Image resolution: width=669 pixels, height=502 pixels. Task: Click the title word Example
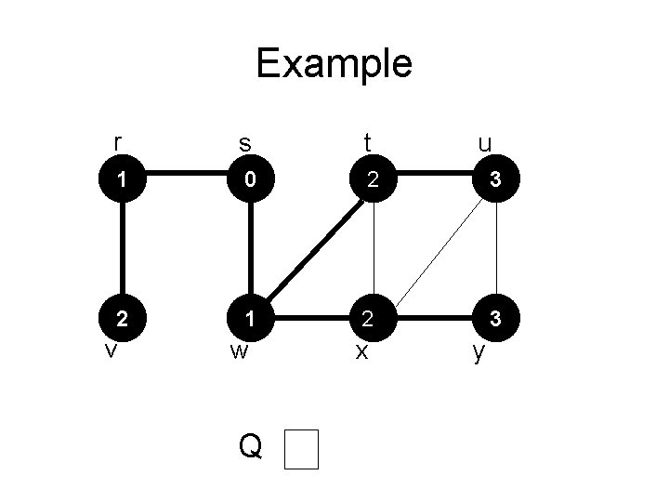(x=334, y=64)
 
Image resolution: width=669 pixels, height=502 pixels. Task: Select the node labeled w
(x=250, y=318)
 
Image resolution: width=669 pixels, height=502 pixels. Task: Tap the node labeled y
(x=497, y=318)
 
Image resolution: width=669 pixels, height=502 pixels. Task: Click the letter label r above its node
(x=116, y=141)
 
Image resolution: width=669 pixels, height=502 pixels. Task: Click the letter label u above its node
(x=484, y=144)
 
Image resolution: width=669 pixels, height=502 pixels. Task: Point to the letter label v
(x=110, y=350)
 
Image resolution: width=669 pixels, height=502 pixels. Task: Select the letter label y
(x=479, y=353)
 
